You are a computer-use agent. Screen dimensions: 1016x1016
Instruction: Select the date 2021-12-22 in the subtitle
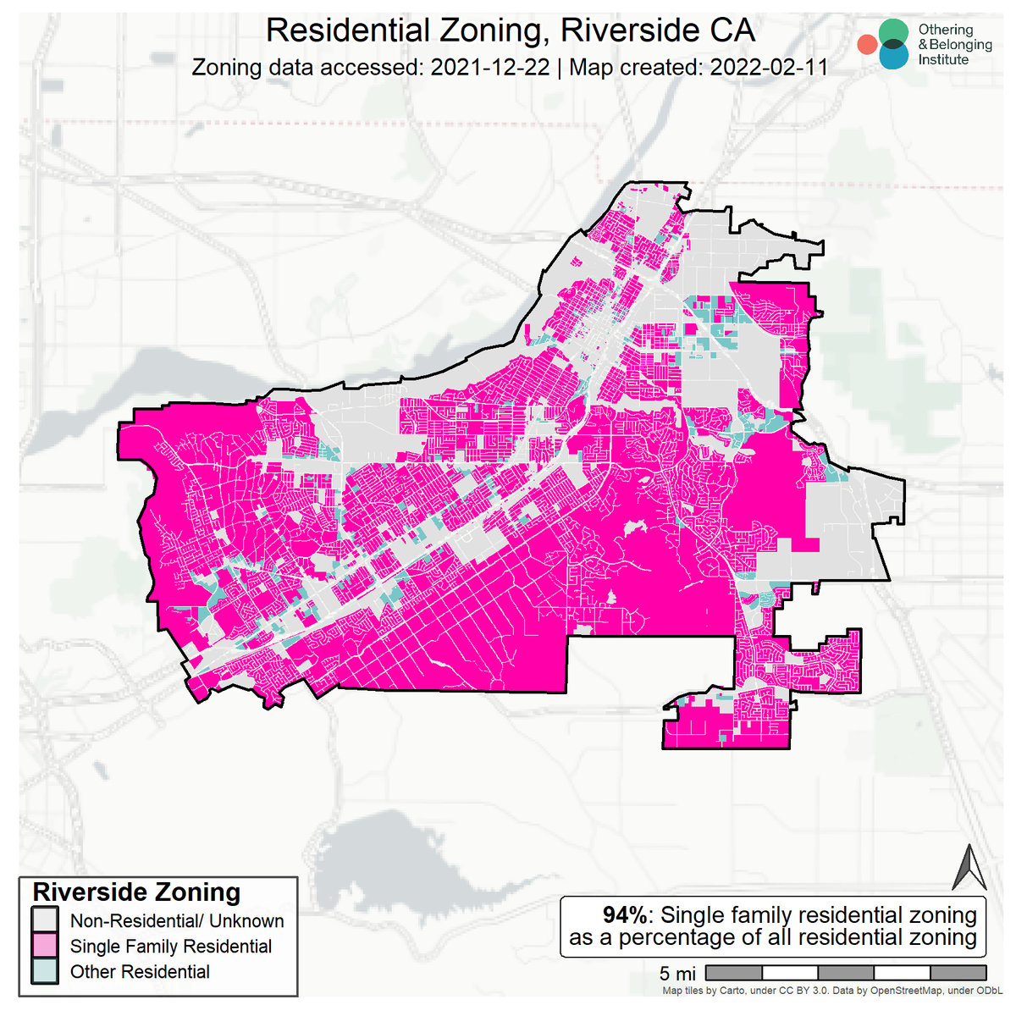click(490, 67)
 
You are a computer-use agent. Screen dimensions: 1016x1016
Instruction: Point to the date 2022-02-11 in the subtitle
click(769, 67)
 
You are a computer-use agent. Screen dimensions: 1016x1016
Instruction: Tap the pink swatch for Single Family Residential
click(45, 946)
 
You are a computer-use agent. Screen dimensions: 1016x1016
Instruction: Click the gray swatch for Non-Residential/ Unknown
click(45, 920)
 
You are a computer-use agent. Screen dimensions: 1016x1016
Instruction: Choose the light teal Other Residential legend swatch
click(45, 971)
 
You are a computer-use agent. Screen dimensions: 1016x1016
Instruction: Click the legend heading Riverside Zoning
click(136, 892)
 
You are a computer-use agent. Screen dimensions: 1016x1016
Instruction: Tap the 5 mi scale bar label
click(677, 974)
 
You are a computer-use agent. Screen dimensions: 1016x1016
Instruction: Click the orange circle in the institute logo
click(866, 45)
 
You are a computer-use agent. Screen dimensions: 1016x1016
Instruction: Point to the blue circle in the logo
click(892, 55)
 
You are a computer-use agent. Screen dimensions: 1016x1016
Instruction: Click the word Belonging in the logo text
click(960, 45)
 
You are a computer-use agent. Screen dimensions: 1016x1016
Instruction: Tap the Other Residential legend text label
click(140, 972)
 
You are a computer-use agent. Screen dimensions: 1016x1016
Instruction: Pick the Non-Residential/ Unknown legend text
click(177, 921)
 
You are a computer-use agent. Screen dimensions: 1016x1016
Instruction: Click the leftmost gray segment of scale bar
click(733, 973)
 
